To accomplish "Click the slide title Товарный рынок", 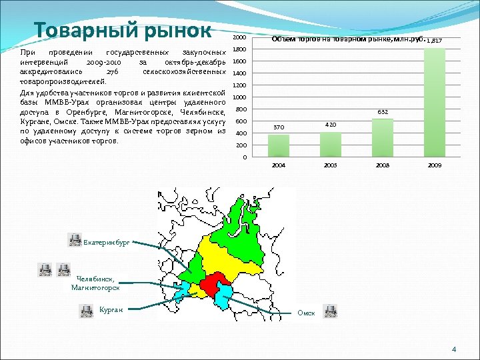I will coord(123,30).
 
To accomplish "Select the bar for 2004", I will coord(279,145).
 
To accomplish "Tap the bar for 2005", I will coord(331,144).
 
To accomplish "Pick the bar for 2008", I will coord(383,137).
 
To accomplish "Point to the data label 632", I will coord(383,113).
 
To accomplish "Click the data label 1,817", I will coord(435,41).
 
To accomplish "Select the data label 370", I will coord(279,128).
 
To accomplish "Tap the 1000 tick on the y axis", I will coord(241,97).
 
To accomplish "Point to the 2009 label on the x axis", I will coord(435,164).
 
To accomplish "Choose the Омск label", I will coord(306,312).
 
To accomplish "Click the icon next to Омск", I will coord(330,311).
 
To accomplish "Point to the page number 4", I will coord(453,349).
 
